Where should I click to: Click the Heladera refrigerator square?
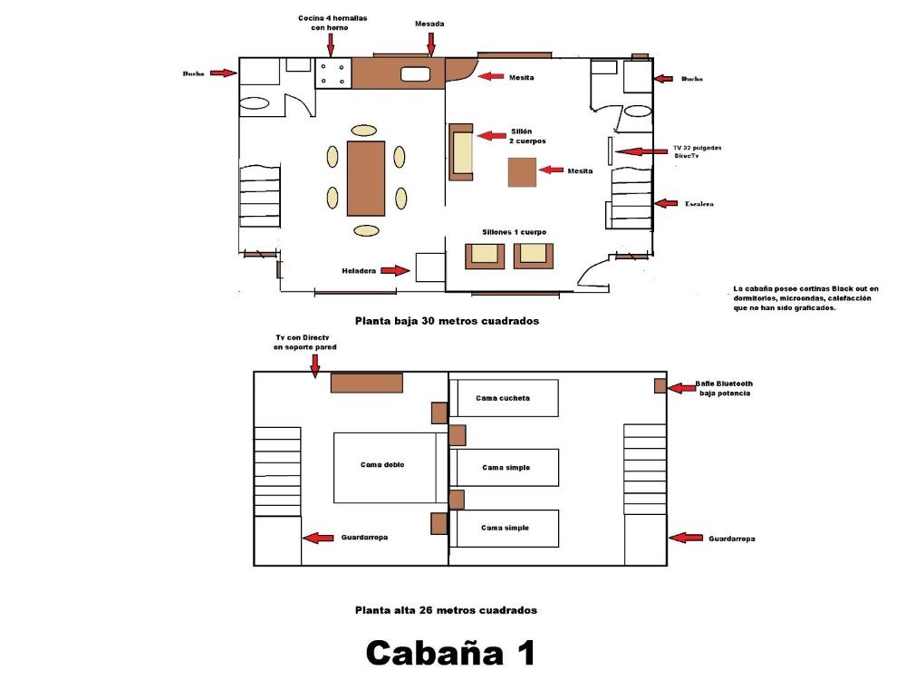click(430, 267)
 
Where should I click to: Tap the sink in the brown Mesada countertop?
click(416, 73)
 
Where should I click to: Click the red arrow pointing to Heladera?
click(395, 270)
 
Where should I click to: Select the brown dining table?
click(366, 178)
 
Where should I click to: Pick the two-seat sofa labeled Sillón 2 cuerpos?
click(461, 152)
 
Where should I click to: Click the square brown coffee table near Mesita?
click(523, 172)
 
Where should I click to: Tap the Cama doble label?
click(382, 464)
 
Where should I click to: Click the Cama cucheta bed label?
click(503, 398)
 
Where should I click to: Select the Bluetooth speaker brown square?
click(660, 385)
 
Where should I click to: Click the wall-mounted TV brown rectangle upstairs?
click(366, 383)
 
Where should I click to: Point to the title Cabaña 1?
click(450, 653)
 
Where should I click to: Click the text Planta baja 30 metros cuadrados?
click(448, 321)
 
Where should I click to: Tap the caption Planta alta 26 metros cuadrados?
click(446, 610)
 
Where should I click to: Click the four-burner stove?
click(333, 73)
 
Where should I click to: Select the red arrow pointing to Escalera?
click(666, 203)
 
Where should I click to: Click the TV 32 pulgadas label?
click(698, 148)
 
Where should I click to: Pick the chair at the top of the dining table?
click(363, 131)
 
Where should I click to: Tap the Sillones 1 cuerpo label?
click(515, 232)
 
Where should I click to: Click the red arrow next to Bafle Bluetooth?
click(682, 388)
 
